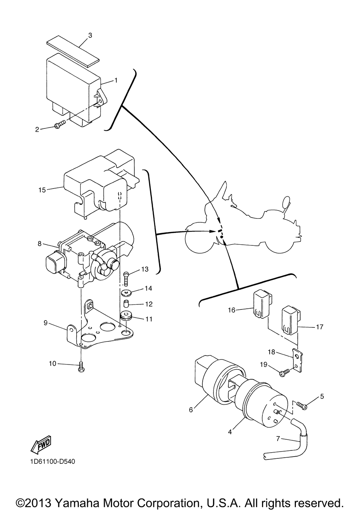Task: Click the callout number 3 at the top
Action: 90,35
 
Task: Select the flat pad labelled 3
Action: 73,51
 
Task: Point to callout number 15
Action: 42,190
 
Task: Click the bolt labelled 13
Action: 126,278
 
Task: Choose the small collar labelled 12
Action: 126,304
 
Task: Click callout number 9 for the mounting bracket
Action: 45,323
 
